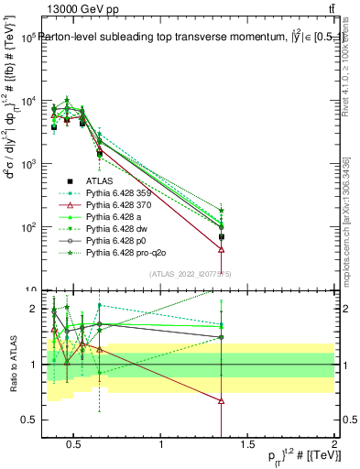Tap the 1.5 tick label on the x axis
point(247,444)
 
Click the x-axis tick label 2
point(333,444)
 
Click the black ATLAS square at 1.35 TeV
point(222,236)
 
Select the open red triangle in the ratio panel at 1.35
point(222,400)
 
